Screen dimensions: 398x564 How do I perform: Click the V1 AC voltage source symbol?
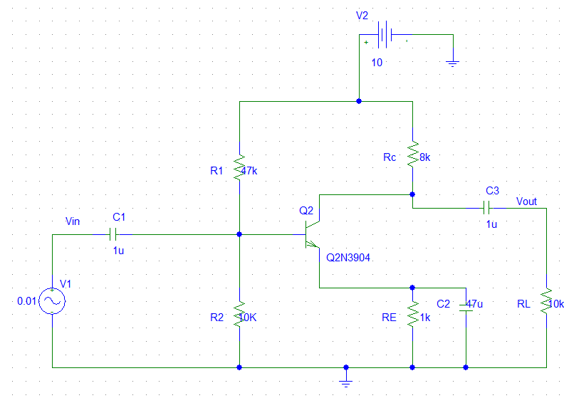click(52, 301)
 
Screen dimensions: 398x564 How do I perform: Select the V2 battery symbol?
click(385, 34)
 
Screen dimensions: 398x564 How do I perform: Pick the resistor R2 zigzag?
click(239, 313)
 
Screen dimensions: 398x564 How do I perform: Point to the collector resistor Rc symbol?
click(412, 153)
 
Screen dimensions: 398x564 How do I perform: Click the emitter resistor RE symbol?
click(412, 313)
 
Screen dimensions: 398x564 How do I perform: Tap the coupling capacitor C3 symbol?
click(487, 208)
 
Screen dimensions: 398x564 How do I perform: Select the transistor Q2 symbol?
click(312, 234)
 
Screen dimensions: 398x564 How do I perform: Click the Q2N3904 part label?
click(348, 258)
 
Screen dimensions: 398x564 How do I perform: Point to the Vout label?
click(526, 201)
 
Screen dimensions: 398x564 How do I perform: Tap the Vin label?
click(72, 221)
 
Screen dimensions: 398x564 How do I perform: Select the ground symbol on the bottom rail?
click(346, 382)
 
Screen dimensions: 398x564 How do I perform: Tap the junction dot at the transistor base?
click(239, 234)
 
